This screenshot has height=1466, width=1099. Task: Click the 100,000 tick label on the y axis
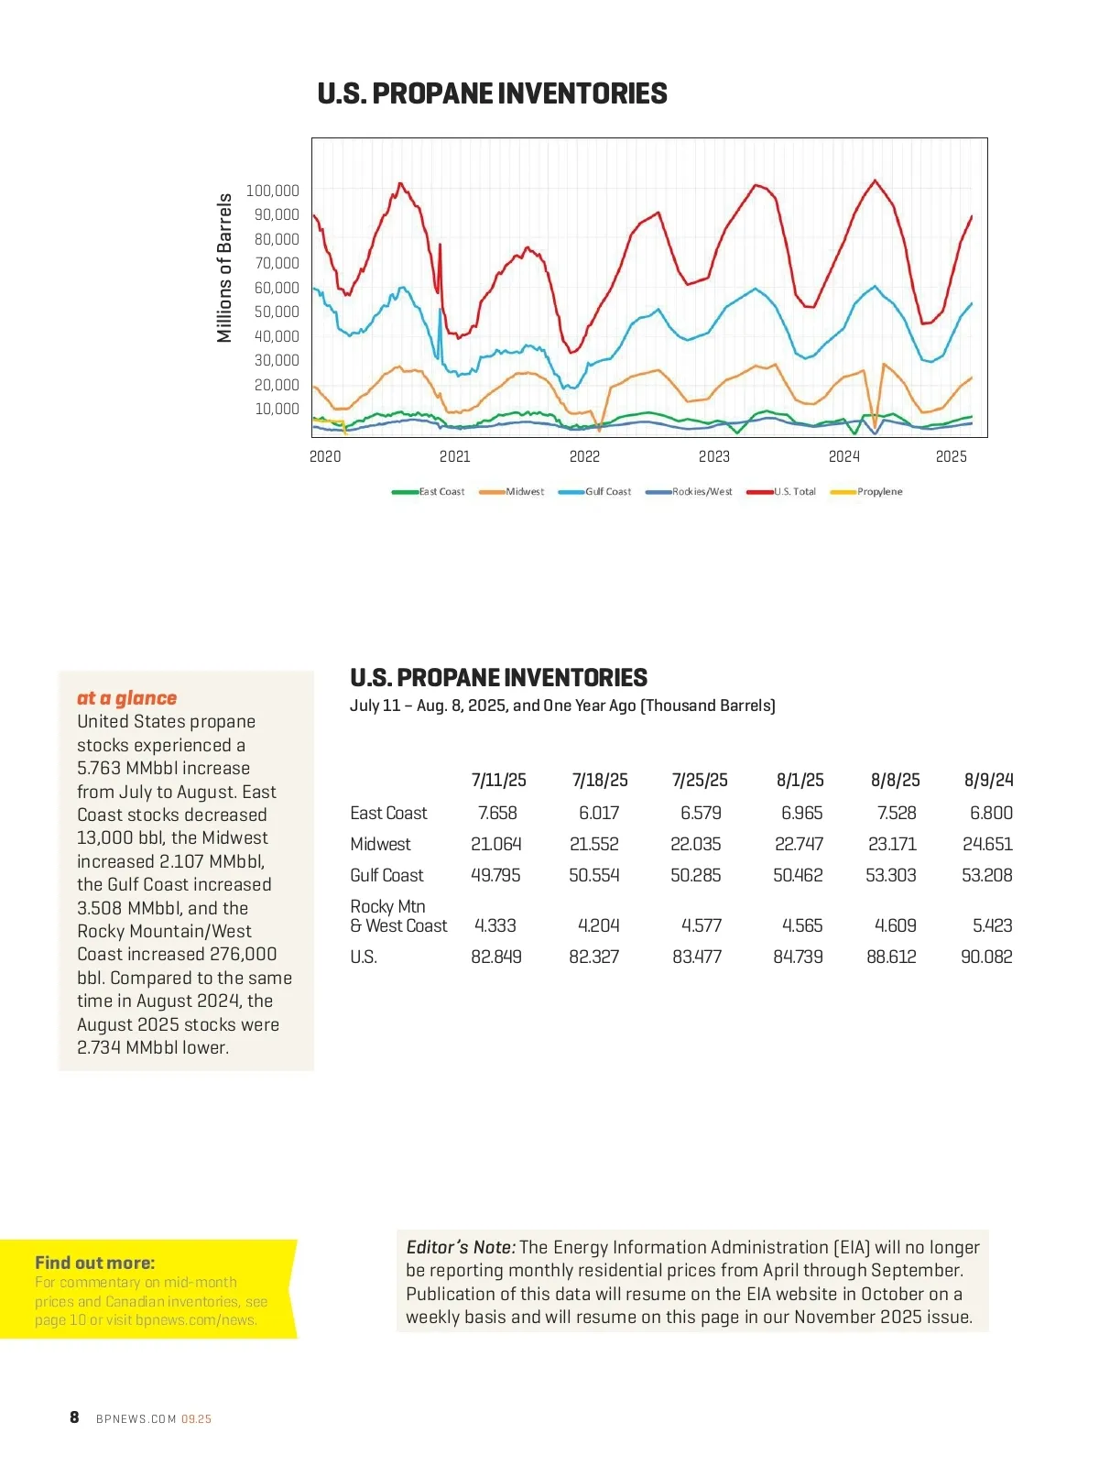[272, 191]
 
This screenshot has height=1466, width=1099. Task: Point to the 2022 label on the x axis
[584, 456]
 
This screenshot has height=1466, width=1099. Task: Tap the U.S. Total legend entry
[794, 492]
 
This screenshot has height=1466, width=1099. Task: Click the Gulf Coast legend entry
[607, 492]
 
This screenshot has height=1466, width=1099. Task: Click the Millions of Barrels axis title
[224, 268]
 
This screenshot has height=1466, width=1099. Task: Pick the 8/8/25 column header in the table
[895, 780]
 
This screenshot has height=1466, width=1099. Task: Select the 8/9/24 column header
[988, 780]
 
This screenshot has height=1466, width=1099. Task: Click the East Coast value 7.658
[497, 813]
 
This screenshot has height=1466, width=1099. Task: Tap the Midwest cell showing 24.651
[987, 844]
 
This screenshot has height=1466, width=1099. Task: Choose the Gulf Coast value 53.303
[890, 875]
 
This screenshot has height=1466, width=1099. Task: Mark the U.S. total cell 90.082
[986, 957]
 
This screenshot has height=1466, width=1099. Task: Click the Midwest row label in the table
[380, 844]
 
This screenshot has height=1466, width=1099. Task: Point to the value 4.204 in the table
[598, 925]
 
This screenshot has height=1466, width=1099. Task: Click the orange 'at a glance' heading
[126, 698]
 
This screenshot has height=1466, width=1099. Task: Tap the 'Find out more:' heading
[95, 1263]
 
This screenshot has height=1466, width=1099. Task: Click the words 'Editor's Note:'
[461, 1247]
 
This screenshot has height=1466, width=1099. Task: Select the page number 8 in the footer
[74, 1417]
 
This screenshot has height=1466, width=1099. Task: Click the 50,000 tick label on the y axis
[277, 312]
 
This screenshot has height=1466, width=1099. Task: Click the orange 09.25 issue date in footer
[196, 1419]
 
